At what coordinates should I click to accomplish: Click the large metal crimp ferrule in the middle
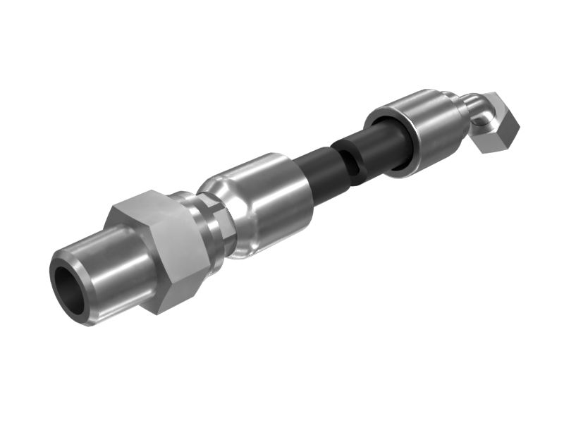pyautogui.click(x=271, y=204)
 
